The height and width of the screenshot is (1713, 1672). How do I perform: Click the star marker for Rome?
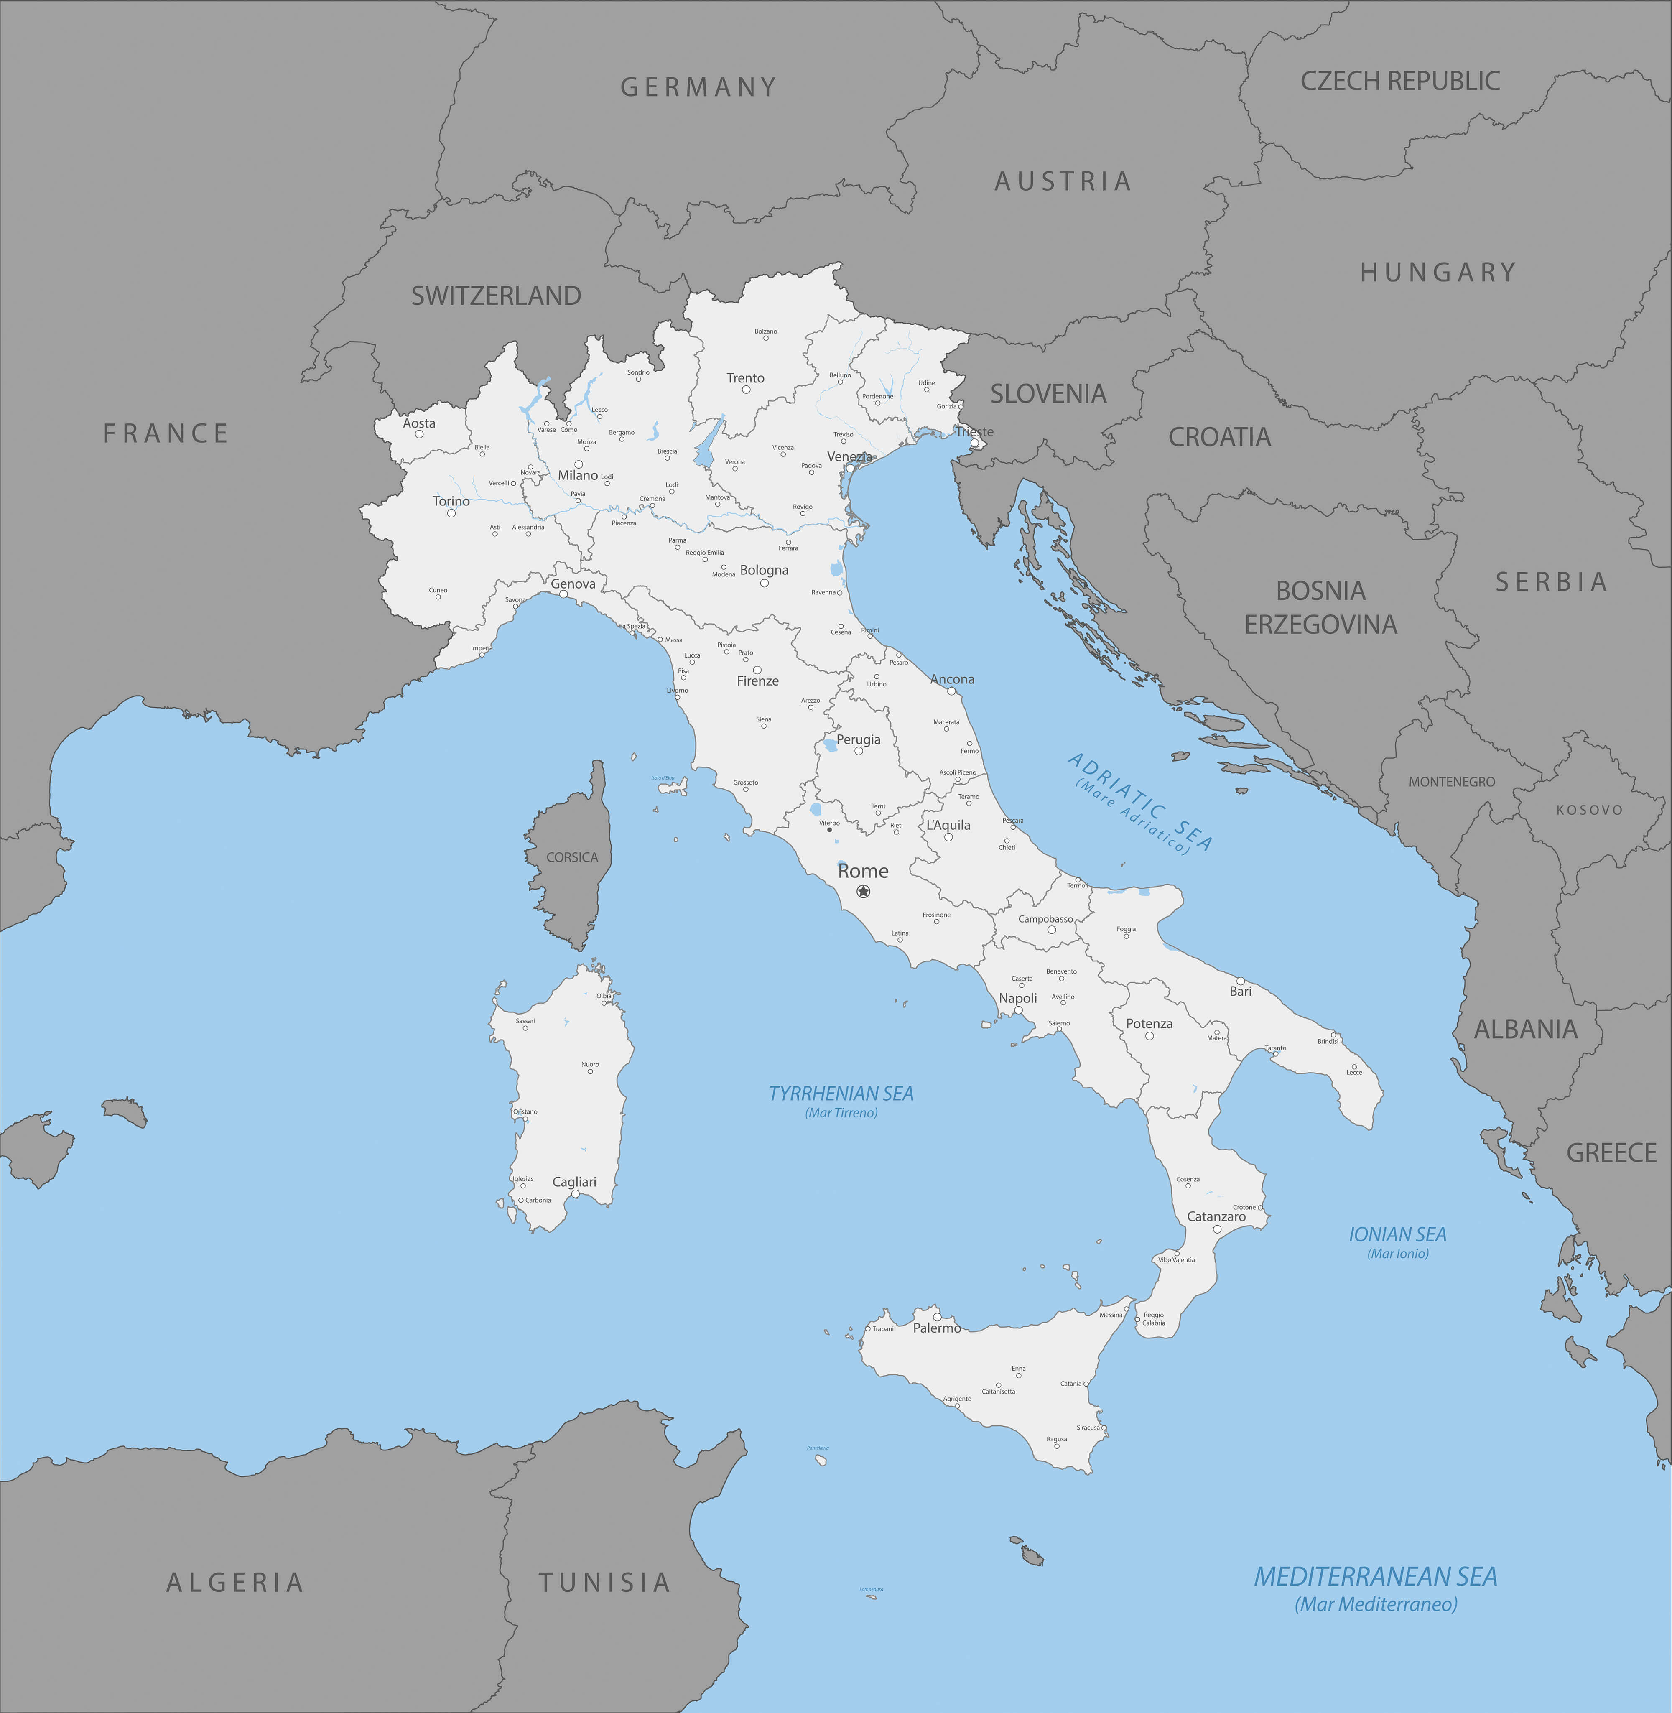(x=863, y=891)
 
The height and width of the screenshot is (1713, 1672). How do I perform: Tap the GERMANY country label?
(x=698, y=87)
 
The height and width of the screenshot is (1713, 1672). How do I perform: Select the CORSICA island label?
(x=572, y=857)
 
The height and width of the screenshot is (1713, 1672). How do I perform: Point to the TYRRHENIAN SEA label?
(x=841, y=1093)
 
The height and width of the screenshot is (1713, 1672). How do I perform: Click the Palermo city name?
(x=936, y=1328)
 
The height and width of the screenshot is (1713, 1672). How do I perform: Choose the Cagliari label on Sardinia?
(x=574, y=1182)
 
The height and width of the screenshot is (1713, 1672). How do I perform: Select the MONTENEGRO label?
(x=1452, y=781)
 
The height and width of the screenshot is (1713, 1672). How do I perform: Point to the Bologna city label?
(x=764, y=570)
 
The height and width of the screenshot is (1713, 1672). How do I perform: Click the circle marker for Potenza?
(x=1149, y=1036)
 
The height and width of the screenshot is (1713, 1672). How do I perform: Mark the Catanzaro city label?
(x=1216, y=1216)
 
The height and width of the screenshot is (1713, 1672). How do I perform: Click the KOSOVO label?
(x=1590, y=810)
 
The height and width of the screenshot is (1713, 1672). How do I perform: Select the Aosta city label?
(x=419, y=423)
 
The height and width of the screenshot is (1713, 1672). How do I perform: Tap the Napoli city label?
(x=1018, y=998)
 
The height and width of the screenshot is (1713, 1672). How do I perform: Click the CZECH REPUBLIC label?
(x=1400, y=81)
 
